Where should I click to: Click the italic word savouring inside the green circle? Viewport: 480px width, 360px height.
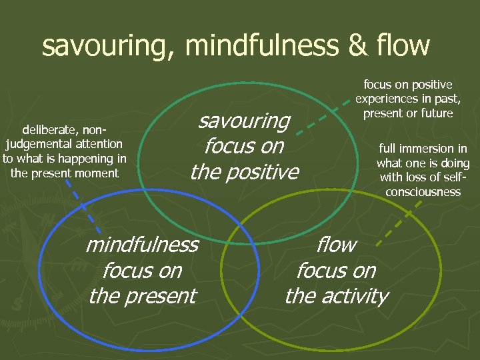click(x=245, y=121)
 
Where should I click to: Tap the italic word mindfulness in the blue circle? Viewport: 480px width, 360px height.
click(x=142, y=245)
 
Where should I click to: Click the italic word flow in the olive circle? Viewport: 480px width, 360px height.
click(x=337, y=245)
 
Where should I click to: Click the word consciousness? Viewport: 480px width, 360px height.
click(x=423, y=192)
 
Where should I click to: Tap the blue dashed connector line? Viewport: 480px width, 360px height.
click(x=85, y=207)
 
